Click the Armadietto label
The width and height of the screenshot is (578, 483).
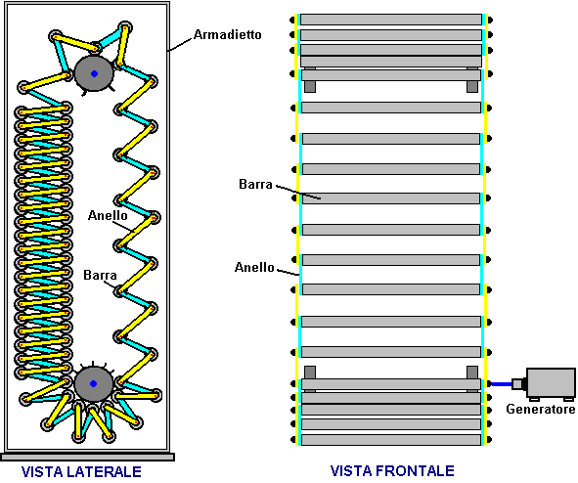228,34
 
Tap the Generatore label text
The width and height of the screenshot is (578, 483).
541,409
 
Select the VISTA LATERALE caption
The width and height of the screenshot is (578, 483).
81,472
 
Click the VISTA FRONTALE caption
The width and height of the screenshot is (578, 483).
392,471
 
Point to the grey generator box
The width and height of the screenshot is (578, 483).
551,383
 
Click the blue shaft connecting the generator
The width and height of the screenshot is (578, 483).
502,384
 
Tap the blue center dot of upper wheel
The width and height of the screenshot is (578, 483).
94,73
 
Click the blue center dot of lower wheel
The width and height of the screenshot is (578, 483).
93,383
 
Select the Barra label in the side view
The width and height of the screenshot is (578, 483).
100,275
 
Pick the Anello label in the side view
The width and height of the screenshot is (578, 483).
108,215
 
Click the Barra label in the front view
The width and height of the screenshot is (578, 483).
255,184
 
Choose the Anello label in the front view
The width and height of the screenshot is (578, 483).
254,267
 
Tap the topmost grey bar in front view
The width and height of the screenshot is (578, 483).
391,20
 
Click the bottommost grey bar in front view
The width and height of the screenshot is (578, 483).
391,440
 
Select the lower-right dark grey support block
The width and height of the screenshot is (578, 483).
472,373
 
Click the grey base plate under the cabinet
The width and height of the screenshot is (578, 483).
87,458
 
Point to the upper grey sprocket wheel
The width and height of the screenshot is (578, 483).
94,73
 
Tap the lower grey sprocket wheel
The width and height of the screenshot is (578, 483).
93,383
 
